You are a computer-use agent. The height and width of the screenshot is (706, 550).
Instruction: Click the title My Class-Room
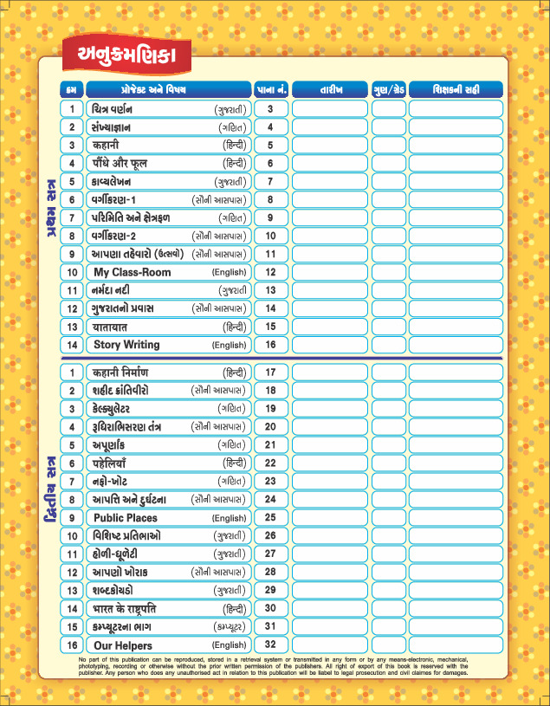click(x=133, y=272)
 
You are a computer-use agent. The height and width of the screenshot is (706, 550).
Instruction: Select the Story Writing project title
click(x=126, y=345)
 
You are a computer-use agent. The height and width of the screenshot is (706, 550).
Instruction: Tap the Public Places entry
click(x=126, y=518)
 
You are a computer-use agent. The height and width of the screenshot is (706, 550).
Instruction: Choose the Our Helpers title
click(x=123, y=645)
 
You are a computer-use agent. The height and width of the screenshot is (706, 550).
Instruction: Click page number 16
click(x=271, y=345)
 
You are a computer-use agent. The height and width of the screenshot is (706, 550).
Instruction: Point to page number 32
click(x=271, y=645)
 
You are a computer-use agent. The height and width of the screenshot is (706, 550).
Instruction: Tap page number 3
click(x=271, y=109)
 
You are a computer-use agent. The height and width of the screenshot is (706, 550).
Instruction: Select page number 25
click(x=271, y=518)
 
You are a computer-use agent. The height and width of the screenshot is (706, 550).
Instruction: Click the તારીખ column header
click(x=331, y=89)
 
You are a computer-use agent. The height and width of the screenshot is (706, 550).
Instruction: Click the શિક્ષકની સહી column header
click(x=456, y=89)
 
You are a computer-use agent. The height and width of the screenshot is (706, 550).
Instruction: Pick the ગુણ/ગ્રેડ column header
click(x=389, y=89)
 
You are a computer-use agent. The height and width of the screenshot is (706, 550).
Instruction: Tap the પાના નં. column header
click(x=271, y=89)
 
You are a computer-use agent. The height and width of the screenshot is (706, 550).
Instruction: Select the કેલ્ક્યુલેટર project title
click(x=118, y=409)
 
